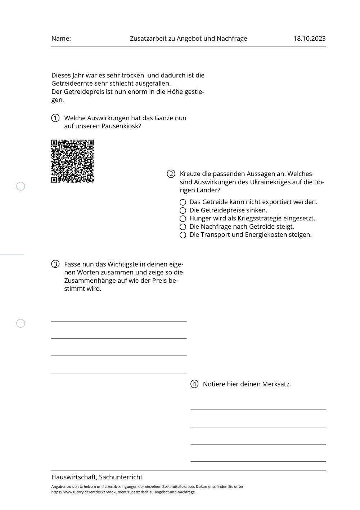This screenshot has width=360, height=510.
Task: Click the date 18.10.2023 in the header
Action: click(309, 39)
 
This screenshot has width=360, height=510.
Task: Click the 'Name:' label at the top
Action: click(61, 39)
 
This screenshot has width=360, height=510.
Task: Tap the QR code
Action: click(73, 161)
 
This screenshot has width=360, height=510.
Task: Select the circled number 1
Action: click(55, 118)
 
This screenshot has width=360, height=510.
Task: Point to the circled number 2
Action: click(171, 174)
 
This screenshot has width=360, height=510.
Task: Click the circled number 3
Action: click(55, 264)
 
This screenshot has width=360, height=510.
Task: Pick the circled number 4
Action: click(194, 384)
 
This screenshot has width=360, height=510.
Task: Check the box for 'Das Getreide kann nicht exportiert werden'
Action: click(183, 202)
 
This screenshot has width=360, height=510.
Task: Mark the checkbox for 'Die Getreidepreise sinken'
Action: click(183, 210)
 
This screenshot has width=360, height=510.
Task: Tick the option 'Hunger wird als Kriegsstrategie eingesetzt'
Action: click(183, 219)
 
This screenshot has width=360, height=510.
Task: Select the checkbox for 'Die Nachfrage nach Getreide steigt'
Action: click(183, 227)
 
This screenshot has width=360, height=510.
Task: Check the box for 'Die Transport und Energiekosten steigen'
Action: click(183, 235)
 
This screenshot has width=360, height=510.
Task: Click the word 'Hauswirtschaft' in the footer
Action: click(74, 477)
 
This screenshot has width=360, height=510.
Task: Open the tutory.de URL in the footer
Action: click(123, 492)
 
